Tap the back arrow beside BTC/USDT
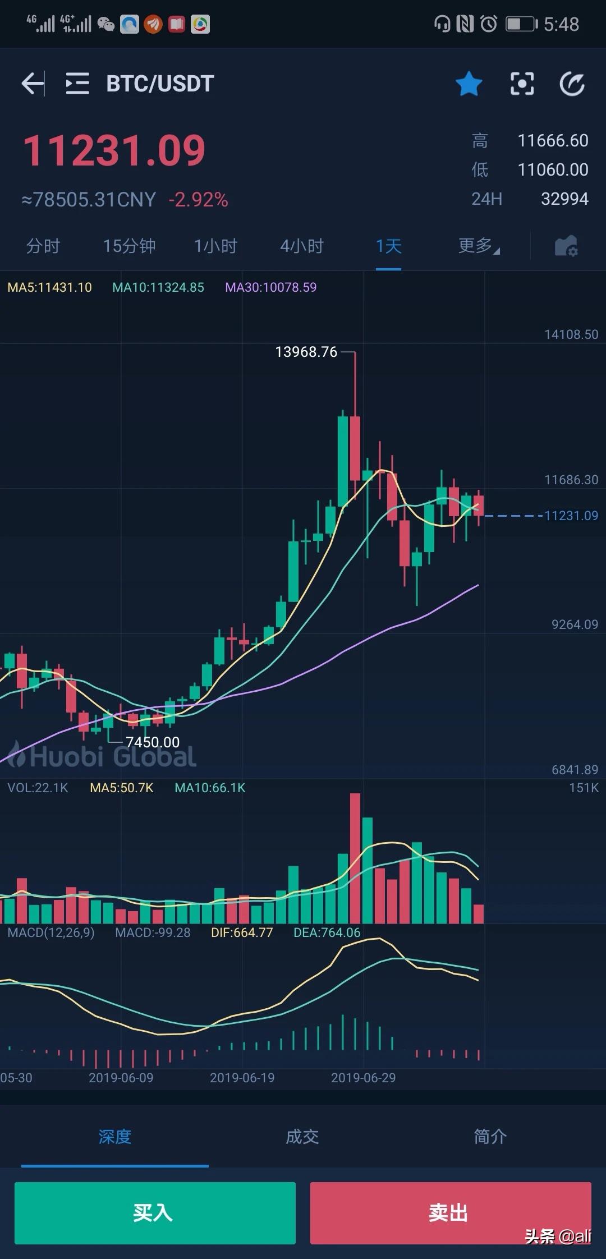(33, 84)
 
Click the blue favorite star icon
(469, 84)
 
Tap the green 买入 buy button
(155, 1212)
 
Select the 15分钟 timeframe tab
(129, 246)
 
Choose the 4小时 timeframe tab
(302, 246)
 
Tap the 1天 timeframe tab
(388, 246)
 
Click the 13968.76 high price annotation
(306, 352)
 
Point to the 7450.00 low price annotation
(153, 742)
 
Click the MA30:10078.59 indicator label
(270, 287)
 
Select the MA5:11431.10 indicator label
(49, 287)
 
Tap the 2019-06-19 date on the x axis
(242, 1078)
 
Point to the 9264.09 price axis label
(575, 624)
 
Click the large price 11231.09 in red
(114, 151)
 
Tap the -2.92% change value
(198, 200)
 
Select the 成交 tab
(302, 1137)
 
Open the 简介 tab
(490, 1137)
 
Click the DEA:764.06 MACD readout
(327, 932)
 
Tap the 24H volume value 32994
(564, 199)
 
